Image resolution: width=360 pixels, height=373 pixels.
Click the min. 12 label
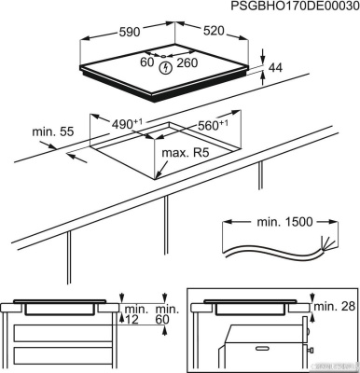click(134, 314)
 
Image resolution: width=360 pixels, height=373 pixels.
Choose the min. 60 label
click(166, 314)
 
